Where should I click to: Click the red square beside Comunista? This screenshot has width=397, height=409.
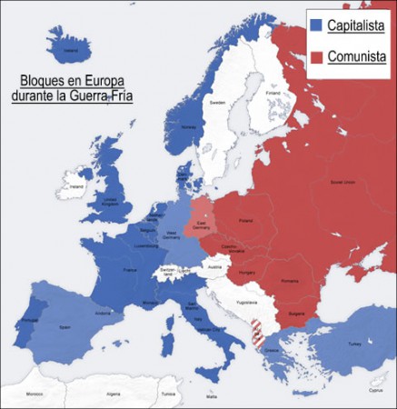point(316,57)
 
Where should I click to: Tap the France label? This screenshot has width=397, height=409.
point(130,270)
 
